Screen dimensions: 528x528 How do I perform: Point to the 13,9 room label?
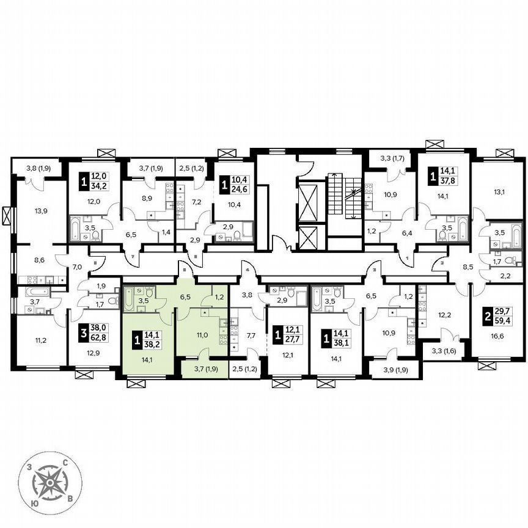click(42, 210)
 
